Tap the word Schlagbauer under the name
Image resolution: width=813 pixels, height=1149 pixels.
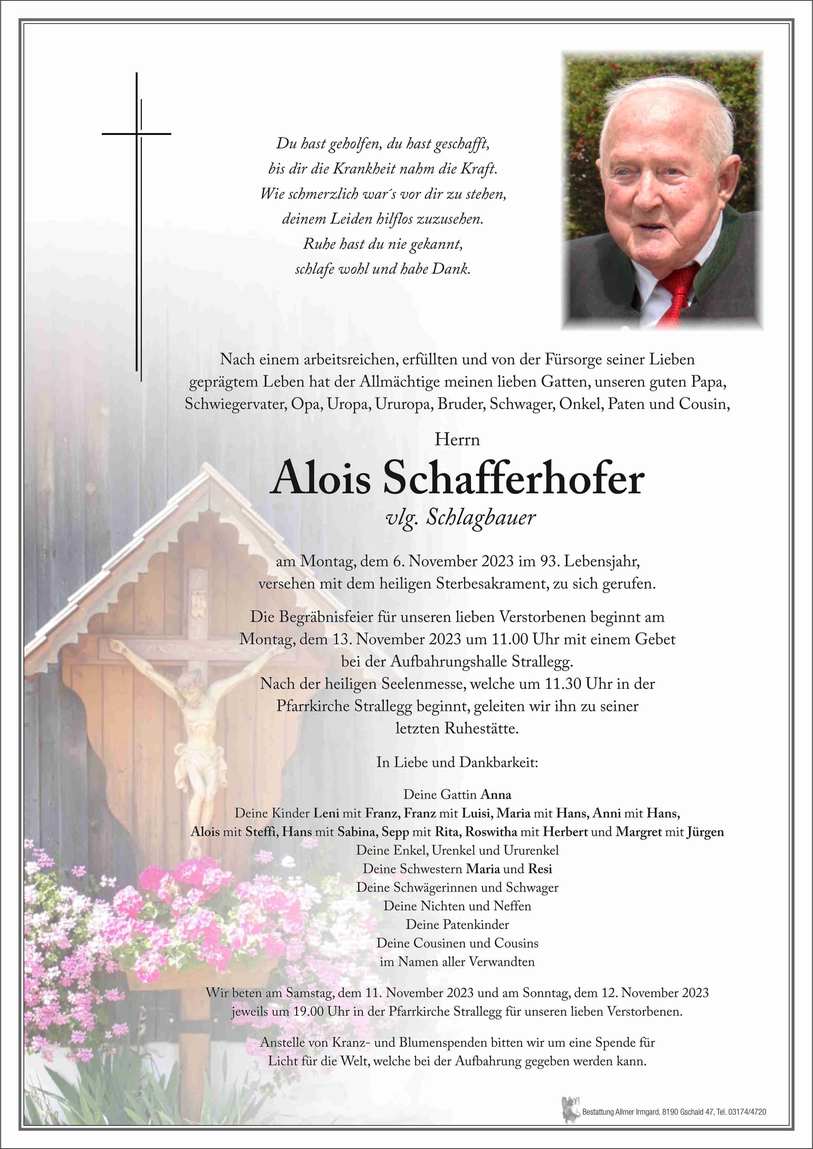pos(480,518)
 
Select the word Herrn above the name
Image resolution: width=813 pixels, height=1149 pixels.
pos(457,440)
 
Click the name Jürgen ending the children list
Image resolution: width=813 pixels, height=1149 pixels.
pos(705,831)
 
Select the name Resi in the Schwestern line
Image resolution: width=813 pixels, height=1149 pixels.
pos(540,869)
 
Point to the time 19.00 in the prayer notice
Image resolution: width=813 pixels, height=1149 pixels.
pos(308,1011)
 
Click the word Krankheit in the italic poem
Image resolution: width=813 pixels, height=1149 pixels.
pos(362,169)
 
